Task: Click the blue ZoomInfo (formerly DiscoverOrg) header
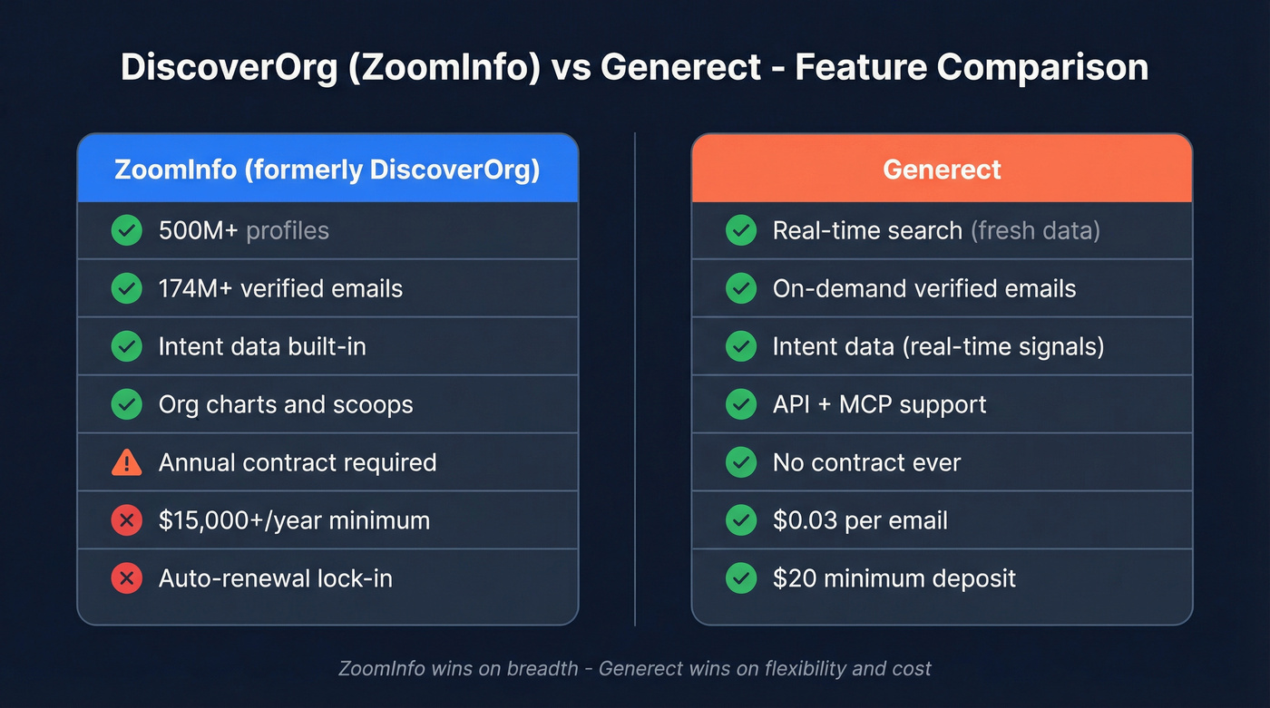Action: (327, 170)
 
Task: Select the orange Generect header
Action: (942, 170)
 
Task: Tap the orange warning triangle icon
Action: (126, 462)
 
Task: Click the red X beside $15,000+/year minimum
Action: (126, 520)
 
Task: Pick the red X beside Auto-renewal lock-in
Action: (126, 578)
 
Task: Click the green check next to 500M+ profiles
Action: (126, 230)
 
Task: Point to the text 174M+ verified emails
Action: (280, 288)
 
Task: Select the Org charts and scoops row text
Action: (286, 404)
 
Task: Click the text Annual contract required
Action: (298, 462)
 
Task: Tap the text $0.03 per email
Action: (860, 520)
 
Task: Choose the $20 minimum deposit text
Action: (894, 578)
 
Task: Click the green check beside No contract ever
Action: (741, 462)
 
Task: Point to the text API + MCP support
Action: (879, 404)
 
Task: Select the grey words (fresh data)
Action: (1035, 230)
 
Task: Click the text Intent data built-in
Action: (262, 346)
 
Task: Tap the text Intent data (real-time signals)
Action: (938, 346)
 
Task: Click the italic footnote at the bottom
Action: (635, 669)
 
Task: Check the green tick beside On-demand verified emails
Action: (741, 288)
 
